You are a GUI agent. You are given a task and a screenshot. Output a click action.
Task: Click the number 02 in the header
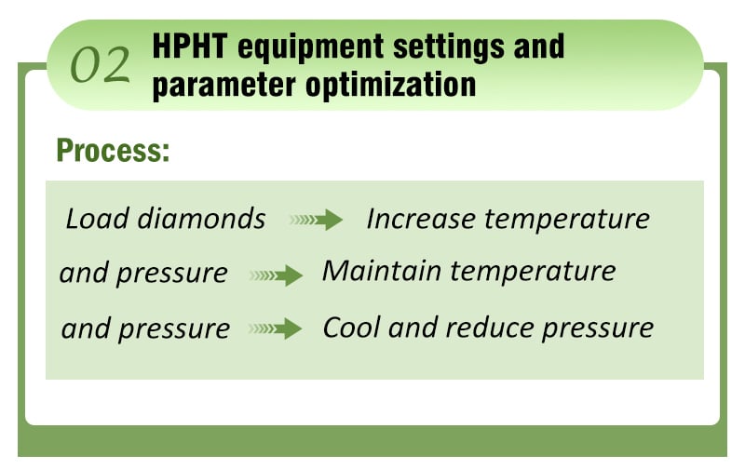[x=101, y=64]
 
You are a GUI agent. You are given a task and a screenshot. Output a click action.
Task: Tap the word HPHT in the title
[x=190, y=47]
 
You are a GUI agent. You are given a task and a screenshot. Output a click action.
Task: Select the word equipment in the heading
[x=310, y=49]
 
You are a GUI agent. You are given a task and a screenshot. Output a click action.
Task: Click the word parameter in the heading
[x=224, y=86]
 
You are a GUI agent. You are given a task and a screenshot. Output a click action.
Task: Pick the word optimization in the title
[x=390, y=86]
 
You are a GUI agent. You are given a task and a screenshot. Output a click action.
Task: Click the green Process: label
[x=113, y=152]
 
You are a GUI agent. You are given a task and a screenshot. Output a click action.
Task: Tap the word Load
[x=97, y=219]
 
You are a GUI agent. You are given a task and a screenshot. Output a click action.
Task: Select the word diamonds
[x=201, y=219]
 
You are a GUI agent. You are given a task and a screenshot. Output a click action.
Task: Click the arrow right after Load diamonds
[x=316, y=220]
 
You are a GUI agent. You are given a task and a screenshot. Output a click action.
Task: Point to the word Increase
[x=421, y=219]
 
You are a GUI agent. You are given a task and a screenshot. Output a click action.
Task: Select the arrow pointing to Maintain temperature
[x=276, y=275]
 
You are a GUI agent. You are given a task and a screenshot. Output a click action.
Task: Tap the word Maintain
[x=382, y=271]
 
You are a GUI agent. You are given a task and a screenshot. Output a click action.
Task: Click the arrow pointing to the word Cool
[x=275, y=328]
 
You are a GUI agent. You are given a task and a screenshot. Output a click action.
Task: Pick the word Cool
[x=351, y=328]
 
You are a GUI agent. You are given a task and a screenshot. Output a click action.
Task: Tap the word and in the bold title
[x=539, y=47]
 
